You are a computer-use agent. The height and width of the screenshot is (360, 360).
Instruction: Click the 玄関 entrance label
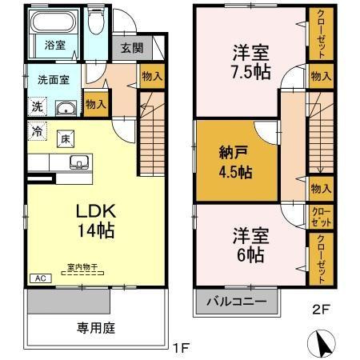(132, 48)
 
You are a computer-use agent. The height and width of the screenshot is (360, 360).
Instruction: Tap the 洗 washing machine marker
(37, 107)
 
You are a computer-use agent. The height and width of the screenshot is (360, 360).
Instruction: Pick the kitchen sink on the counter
(79, 163)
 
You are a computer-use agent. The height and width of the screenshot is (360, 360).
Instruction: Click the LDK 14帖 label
(96, 221)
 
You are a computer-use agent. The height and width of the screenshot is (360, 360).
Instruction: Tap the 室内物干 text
(82, 266)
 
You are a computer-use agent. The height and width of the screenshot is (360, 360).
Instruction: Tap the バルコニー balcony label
(238, 302)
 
